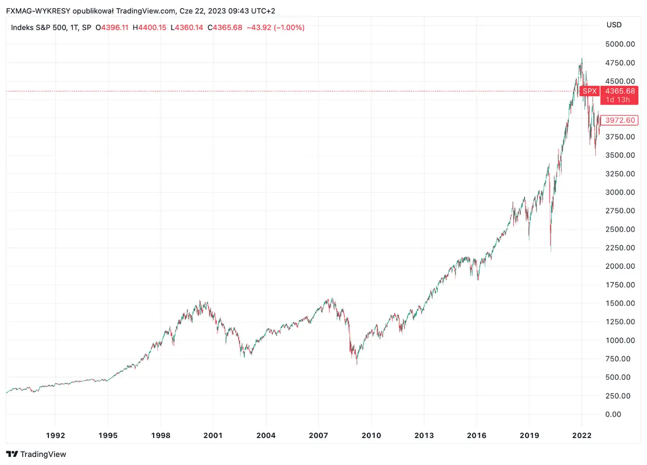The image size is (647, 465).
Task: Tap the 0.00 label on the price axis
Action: pyautogui.click(x=614, y=414)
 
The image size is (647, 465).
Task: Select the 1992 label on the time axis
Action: pyautogui.click(x=56, y=435)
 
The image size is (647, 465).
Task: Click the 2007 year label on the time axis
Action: pyautogui.click(x=319, y=435)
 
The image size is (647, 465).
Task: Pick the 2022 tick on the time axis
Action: pyautogui.click(x=582, y=435)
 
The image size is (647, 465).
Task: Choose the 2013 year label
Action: pyautogui.click(x=424, y=435)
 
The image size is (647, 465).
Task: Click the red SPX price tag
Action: pyautogui.click(x=589, y=91)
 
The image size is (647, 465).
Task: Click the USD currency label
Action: pyautogui.click(x=614, y=25)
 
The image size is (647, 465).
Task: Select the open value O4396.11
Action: pyautogui.click(x=112, y=27)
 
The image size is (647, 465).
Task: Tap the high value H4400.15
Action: pyautogui.click(x=149, y=27)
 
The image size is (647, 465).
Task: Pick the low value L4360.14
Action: pyautogui.click(x=187, y=27)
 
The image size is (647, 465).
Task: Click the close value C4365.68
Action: pyautogui.click(x=224, y=27)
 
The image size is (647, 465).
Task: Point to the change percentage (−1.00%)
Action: pyautogui.click(x=288, y=27)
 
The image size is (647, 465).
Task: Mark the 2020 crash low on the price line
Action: pyautogui.click(x=550, y=251)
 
